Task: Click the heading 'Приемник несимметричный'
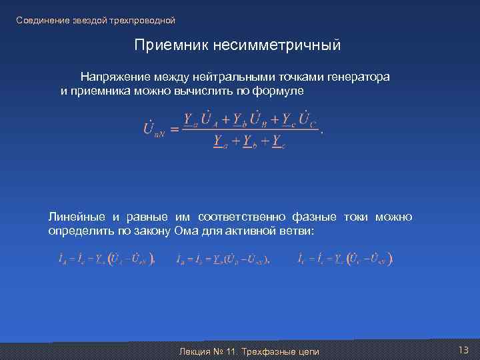click(x=237, y=45)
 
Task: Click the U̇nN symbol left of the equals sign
click(x=154, y=129)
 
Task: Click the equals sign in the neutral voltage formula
click(x=175, y=129)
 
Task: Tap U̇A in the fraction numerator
click(x=219, y=119)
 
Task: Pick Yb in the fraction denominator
click(x=248, y=141)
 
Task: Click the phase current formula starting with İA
click(x=107, y=259)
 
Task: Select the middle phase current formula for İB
click(x=223, y=259)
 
